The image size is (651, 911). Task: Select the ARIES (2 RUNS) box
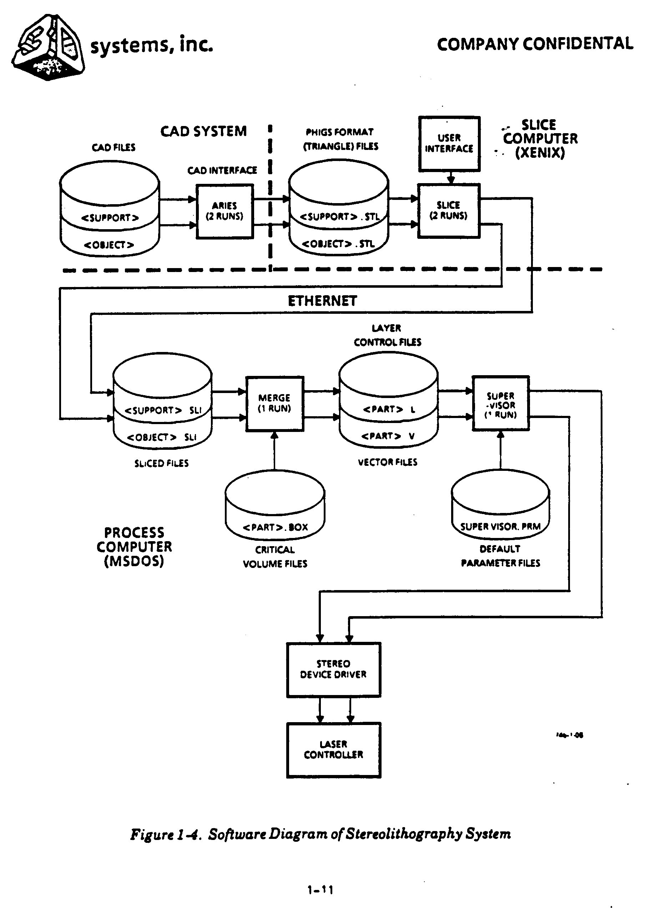224,211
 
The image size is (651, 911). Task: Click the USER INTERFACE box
449,144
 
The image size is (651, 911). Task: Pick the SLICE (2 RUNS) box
448,211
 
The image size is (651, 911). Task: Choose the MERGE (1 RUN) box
274,403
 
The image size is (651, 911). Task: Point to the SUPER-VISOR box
500,403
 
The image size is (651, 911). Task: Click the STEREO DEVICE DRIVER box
333,670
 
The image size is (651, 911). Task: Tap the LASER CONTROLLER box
333,750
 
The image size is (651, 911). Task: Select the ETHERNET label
322,301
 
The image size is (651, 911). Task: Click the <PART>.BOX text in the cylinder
275,527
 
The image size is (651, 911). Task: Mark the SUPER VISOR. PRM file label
500,527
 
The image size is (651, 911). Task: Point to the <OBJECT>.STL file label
338,244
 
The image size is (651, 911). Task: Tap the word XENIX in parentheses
540,153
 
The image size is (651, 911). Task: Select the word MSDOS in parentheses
134,561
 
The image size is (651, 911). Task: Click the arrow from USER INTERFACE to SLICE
450,178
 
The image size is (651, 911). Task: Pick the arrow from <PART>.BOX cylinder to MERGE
274,451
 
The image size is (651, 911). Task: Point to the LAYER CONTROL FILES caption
387,335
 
